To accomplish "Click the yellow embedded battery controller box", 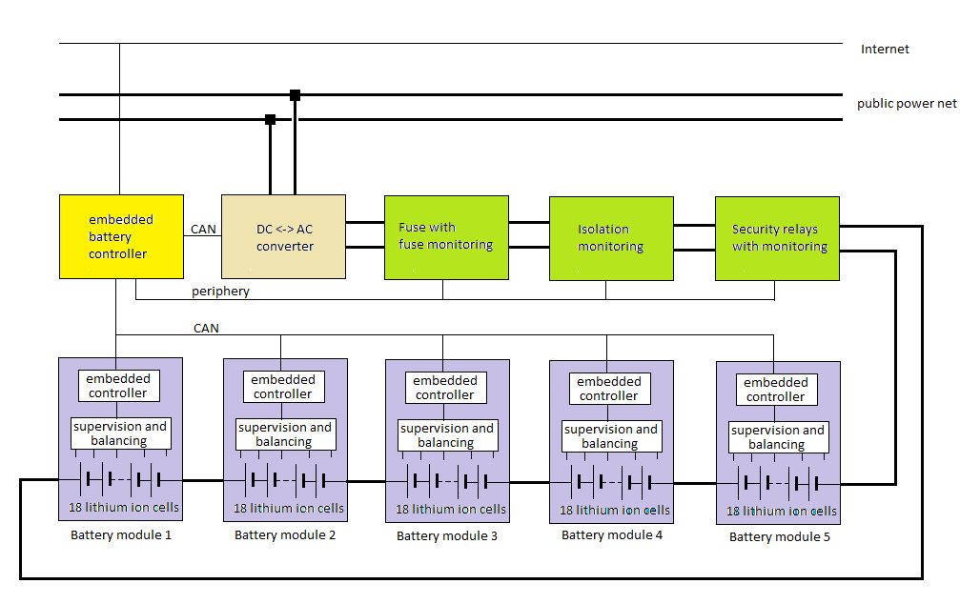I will (x=120, y=236).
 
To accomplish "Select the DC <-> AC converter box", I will (x=283, y=237).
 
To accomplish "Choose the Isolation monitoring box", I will (x=610, y=238).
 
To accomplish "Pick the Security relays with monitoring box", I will (x=777, y=238).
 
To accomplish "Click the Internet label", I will (x=885, y=50).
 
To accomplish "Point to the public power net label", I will (x=906, y=104).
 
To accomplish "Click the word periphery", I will (x=220, y=292).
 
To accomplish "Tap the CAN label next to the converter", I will (x=203, y=229).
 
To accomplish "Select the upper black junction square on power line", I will (x=295, y=94).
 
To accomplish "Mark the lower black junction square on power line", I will (x=270, y=119).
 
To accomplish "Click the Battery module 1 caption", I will (x=121, y=534).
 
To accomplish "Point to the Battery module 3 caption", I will (x=447, y=535).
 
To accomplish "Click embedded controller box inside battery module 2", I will (x=283, y=387).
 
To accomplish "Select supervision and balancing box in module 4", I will (x=610, y=436).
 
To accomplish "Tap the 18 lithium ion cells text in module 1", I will (x=124, y=507).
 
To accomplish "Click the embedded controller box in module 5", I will (x=776, y=390).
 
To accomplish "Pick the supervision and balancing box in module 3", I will (x=446, y=435).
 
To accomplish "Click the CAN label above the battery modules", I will (x=206, y=329).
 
